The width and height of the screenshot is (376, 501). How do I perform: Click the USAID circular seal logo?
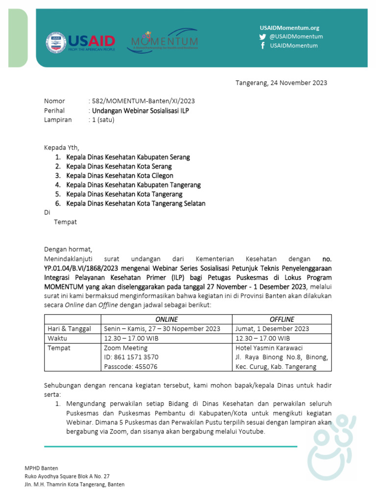[x=56, y=43]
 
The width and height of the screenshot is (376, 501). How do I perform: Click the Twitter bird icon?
[x=263, y=37]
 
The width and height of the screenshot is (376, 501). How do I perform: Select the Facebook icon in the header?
[x=263, y=46]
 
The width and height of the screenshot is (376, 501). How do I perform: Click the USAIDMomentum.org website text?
[x=289, y=28]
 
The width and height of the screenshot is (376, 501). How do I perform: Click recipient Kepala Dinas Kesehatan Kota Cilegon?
[x=119, y=176]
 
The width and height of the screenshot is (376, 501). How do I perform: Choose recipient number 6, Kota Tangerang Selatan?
[x=136, y=204]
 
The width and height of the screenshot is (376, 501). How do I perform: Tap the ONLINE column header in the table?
[x=166, y=319]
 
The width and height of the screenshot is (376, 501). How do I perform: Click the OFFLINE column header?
[x=282, y=319]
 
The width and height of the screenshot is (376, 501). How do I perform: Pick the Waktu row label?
[x=58, y=339]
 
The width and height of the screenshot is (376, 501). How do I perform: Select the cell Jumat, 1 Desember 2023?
[x=272, y=329]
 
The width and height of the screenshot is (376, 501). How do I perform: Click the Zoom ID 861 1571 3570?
[x=131, y=357]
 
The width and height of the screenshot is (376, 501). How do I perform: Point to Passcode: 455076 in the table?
[x=131, y=366]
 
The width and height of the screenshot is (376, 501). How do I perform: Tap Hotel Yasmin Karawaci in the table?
[x=269, y=348]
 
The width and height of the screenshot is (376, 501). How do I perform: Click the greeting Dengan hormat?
[x=68, y=249]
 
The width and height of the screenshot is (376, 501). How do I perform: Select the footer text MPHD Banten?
[x=41, y=468]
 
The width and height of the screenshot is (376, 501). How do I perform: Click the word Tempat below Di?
[x=65, y=222]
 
